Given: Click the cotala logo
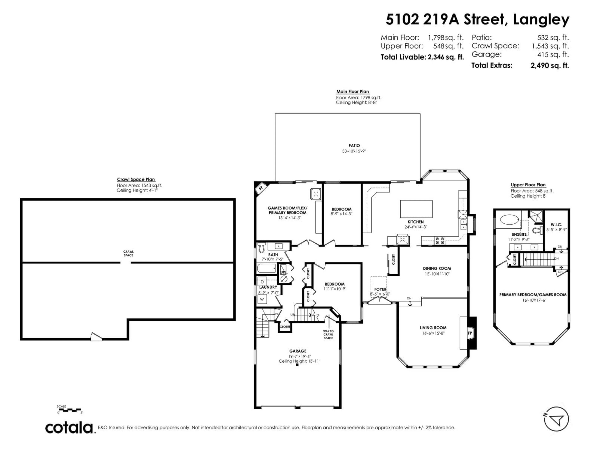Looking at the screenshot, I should coord(69,428).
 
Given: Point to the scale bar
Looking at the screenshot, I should coord(70,410).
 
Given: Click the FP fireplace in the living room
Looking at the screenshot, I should coord(470,333).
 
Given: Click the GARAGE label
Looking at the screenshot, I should coord(298,351).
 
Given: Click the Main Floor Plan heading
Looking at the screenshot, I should coord(353,92).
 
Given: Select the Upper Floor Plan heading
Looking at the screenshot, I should coord(528,185).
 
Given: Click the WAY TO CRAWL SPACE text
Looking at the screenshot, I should coord(328,335).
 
